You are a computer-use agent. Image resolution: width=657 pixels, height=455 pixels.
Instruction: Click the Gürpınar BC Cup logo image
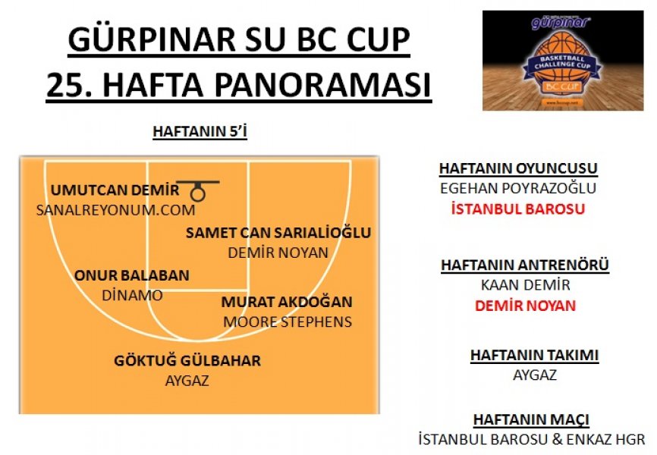pos(563,61)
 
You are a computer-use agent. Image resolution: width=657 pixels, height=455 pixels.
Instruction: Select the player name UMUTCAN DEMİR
pos(115,190)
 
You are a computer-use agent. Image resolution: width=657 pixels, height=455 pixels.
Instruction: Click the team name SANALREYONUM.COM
pos(115,210)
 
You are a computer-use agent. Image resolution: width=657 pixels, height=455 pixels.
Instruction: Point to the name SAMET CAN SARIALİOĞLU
pos(278,233)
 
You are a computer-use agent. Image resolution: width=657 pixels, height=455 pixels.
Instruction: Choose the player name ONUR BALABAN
pos(132,275)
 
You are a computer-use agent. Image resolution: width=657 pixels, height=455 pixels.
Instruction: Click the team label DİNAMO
pos(132,296)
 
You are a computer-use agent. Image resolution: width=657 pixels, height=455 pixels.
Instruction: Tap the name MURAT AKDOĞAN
pos(287,302)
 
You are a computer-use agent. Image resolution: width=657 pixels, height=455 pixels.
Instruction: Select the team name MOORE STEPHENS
pos(288,322)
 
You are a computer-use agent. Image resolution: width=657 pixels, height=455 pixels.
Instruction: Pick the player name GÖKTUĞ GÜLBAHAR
pos(187,360)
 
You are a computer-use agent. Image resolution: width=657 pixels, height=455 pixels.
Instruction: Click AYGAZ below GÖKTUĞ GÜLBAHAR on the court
pos(187,381)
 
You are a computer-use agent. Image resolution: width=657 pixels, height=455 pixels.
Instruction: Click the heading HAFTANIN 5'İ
pos(200,131)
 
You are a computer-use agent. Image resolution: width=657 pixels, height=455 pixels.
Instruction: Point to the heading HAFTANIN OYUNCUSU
pos(518,168)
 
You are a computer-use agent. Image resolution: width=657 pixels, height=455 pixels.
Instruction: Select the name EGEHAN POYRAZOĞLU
pos(518,189)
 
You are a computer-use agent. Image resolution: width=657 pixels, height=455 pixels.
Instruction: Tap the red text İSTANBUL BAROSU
pos(518,209)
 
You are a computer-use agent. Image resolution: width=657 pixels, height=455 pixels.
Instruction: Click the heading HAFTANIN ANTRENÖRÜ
pos(525,265)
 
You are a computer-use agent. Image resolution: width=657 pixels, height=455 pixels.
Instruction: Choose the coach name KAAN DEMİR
pos(526,285)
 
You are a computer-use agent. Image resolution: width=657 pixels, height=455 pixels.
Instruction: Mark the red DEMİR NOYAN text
pos(526,306)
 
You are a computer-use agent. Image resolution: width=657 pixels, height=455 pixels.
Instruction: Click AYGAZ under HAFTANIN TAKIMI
pos(535,375)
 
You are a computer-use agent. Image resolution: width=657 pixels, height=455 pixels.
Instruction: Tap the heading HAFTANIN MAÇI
pos(531,419)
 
